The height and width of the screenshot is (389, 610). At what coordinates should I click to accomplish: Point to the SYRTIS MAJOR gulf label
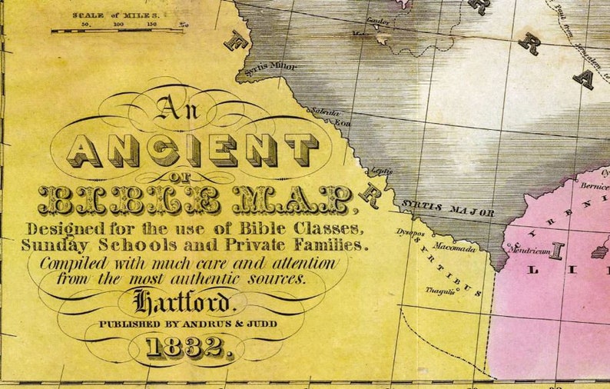coord(446,208)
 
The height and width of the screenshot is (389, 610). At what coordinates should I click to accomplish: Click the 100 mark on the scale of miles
coord(118,25)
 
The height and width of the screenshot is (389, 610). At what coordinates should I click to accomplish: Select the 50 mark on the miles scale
coord(85,25)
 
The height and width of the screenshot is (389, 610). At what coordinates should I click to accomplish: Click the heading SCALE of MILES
coord(115,14)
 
